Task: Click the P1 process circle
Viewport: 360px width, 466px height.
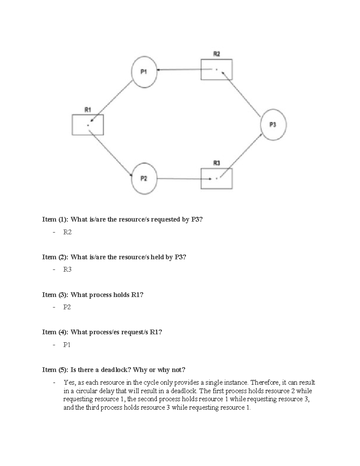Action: point(144,72)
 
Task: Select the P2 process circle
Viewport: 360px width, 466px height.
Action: point(144,179)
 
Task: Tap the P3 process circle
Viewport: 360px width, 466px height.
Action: point(273,125)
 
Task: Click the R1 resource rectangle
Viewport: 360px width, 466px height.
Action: point(88,125)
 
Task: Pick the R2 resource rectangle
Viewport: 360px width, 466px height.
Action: point(216,70)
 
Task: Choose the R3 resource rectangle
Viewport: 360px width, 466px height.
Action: point(216,179)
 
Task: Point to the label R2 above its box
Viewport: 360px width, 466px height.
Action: point(216,54)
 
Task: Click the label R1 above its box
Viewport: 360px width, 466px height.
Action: point(88,110)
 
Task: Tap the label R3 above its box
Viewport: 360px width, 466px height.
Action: point(216,163)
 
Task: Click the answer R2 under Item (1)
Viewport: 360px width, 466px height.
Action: point(67,232)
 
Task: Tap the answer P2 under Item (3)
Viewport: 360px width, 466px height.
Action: point(67,307)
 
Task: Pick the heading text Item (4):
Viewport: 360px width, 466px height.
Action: point(55,332)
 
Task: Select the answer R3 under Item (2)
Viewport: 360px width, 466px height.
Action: point(67,269)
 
